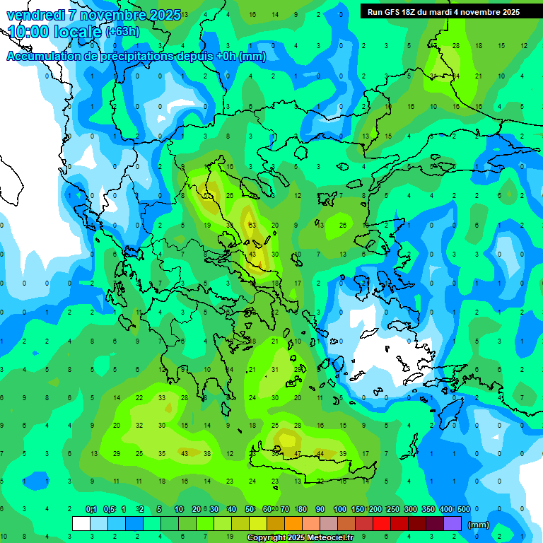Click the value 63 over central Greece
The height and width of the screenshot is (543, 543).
(x=252, y=225)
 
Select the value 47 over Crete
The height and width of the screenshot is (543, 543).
(x=298, y=453)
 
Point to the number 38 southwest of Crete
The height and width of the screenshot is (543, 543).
(x=207, y=453)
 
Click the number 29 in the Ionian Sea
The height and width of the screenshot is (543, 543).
(x=117, y=453)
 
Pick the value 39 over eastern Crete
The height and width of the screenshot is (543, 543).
(x=343, y=453)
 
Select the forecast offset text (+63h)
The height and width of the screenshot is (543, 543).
(x=122, y=32)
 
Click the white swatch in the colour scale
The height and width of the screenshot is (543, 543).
(x=81, y=524)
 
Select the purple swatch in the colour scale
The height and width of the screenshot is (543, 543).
(x=452, y=524)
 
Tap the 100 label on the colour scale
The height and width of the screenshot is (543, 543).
(x=340, y=509)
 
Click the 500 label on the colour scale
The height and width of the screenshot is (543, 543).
(x=464, y=509)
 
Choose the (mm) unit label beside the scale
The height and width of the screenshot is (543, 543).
(x=479, y=525)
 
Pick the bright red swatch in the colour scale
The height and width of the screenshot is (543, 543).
(x=381, y=524)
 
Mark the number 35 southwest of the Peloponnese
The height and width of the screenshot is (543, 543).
(x=162, y=453)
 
